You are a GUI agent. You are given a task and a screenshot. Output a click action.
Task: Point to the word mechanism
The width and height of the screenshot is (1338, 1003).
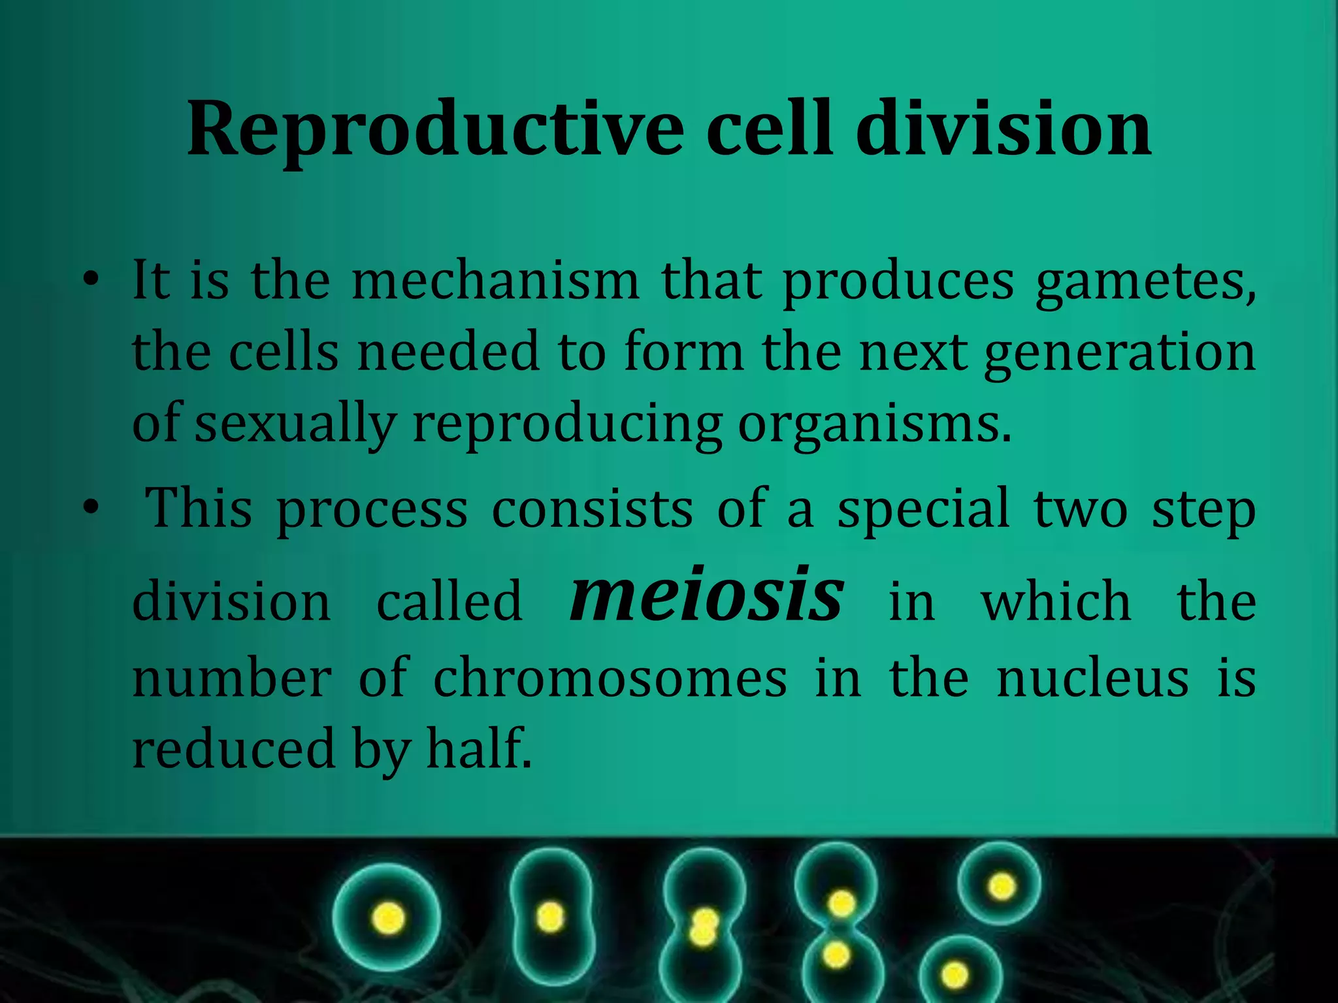point(495,281)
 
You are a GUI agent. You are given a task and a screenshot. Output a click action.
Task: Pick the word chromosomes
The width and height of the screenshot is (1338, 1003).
point(610,679)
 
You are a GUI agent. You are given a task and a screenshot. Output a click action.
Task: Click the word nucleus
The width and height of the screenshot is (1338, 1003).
point(1092,679)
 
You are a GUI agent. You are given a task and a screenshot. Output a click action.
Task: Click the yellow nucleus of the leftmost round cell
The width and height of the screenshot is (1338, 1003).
point(388,917)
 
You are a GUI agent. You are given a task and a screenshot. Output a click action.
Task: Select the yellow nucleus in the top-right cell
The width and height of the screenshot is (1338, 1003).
point(1002,886)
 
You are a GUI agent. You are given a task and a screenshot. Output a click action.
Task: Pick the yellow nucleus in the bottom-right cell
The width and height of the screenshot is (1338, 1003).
point(955,976)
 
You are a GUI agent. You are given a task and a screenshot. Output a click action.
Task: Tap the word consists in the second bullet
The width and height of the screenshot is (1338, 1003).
point(592,509)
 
